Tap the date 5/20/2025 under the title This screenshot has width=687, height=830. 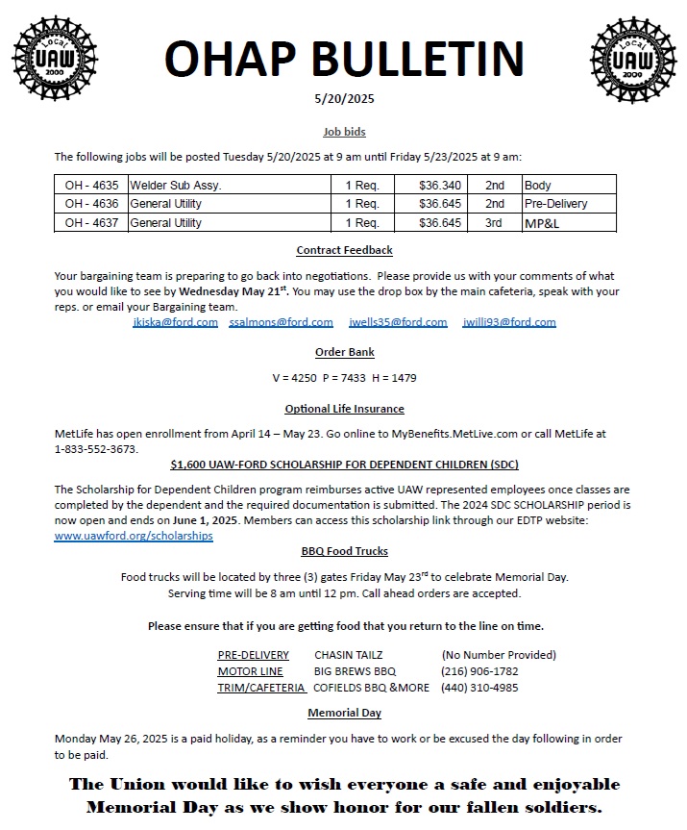pyautogui.click(x=344, y=98)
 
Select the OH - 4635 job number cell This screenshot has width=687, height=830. pyautogui.click(x=91, y=186)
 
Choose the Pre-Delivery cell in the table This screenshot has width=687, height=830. pyautogui.click(x=555, y=204)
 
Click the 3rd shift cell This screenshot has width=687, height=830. pyautogui.click(x=494, y=223)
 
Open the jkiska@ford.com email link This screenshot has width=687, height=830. pyautogui.click(x=175, y=322)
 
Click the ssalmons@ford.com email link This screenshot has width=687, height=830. pyautogui.click(x=282, y=322)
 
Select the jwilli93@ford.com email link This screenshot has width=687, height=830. pyautogui.click(x=509, y=322)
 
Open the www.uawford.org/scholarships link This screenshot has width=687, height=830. pyautogui.click(x=134, y=536)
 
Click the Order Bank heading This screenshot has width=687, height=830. pyautogui.click(x=344, y=353)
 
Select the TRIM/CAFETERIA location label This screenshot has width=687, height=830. pyautogui.click(x=261, y=688)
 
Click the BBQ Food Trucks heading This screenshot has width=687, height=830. pyautogui.click(x=344, y=551)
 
